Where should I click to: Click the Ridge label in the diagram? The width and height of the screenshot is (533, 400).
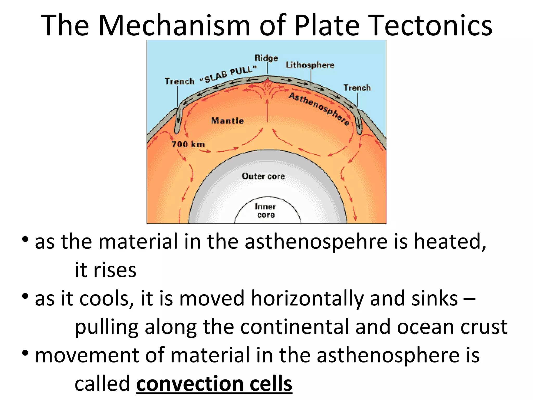[266, 58]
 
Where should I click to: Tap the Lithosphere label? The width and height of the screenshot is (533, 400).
[310, 65]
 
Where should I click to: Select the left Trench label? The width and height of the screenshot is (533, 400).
[180, 82]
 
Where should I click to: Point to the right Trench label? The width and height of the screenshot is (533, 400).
[357, 88]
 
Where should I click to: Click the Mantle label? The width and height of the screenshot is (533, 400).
[227, 121]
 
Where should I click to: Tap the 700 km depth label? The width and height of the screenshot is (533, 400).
[188, 144]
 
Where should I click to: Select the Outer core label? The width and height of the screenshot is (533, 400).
[263, 176]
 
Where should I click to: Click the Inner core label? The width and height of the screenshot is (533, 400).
[265, 211]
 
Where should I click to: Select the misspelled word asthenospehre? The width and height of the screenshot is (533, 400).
[316, 242]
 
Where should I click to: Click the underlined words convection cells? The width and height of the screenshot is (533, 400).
[214, 383]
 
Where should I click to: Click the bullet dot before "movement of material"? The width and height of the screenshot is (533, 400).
[25, 353]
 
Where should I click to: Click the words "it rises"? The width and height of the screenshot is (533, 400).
[105, 270]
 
